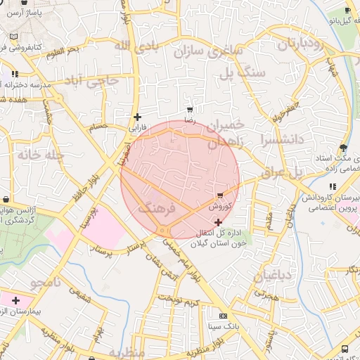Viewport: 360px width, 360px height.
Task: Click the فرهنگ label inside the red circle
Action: pos(155,209)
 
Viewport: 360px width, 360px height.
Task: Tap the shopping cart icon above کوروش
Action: pos(221,195)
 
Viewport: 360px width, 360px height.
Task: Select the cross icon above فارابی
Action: pos(137,117)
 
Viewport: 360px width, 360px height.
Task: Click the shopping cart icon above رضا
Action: pos(189,110)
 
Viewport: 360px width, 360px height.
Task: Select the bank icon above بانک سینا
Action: pos(224,316)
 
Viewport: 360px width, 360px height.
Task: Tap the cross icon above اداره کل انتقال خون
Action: pos(218,222)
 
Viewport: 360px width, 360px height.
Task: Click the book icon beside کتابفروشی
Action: pos(13,37)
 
